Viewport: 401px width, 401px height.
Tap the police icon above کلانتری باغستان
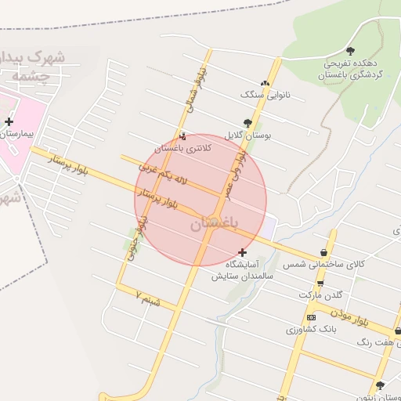coord(182,136)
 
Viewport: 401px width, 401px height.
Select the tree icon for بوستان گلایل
coord(248,122)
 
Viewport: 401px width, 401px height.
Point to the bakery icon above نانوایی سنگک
coord(266,83)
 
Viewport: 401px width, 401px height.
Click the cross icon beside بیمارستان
coord(9,121)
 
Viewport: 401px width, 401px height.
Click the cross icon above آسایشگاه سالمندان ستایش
coord(243,252)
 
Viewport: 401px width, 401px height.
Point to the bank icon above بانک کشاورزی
coord(312,317)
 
